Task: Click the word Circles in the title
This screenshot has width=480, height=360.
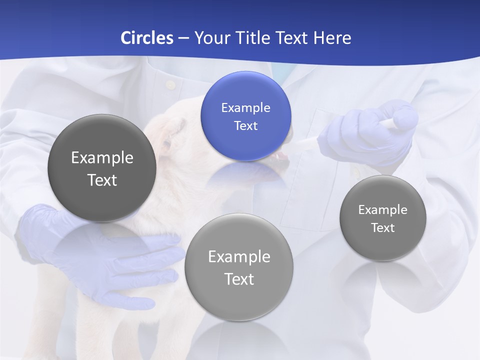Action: coord(147,37)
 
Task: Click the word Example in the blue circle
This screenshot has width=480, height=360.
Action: coord(245,107)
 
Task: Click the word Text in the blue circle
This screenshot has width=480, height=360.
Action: coord(245,125)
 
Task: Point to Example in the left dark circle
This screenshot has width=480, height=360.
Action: coord(102,157)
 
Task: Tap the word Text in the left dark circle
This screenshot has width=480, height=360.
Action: coord(102,180)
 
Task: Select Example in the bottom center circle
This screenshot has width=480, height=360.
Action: coord(239,256)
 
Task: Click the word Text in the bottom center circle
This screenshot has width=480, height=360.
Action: coord(239,279)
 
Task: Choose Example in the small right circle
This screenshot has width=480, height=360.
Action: coord(383,209)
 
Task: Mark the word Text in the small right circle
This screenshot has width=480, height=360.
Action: coord(383,227)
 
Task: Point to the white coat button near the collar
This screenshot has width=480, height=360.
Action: coord(171,84)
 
